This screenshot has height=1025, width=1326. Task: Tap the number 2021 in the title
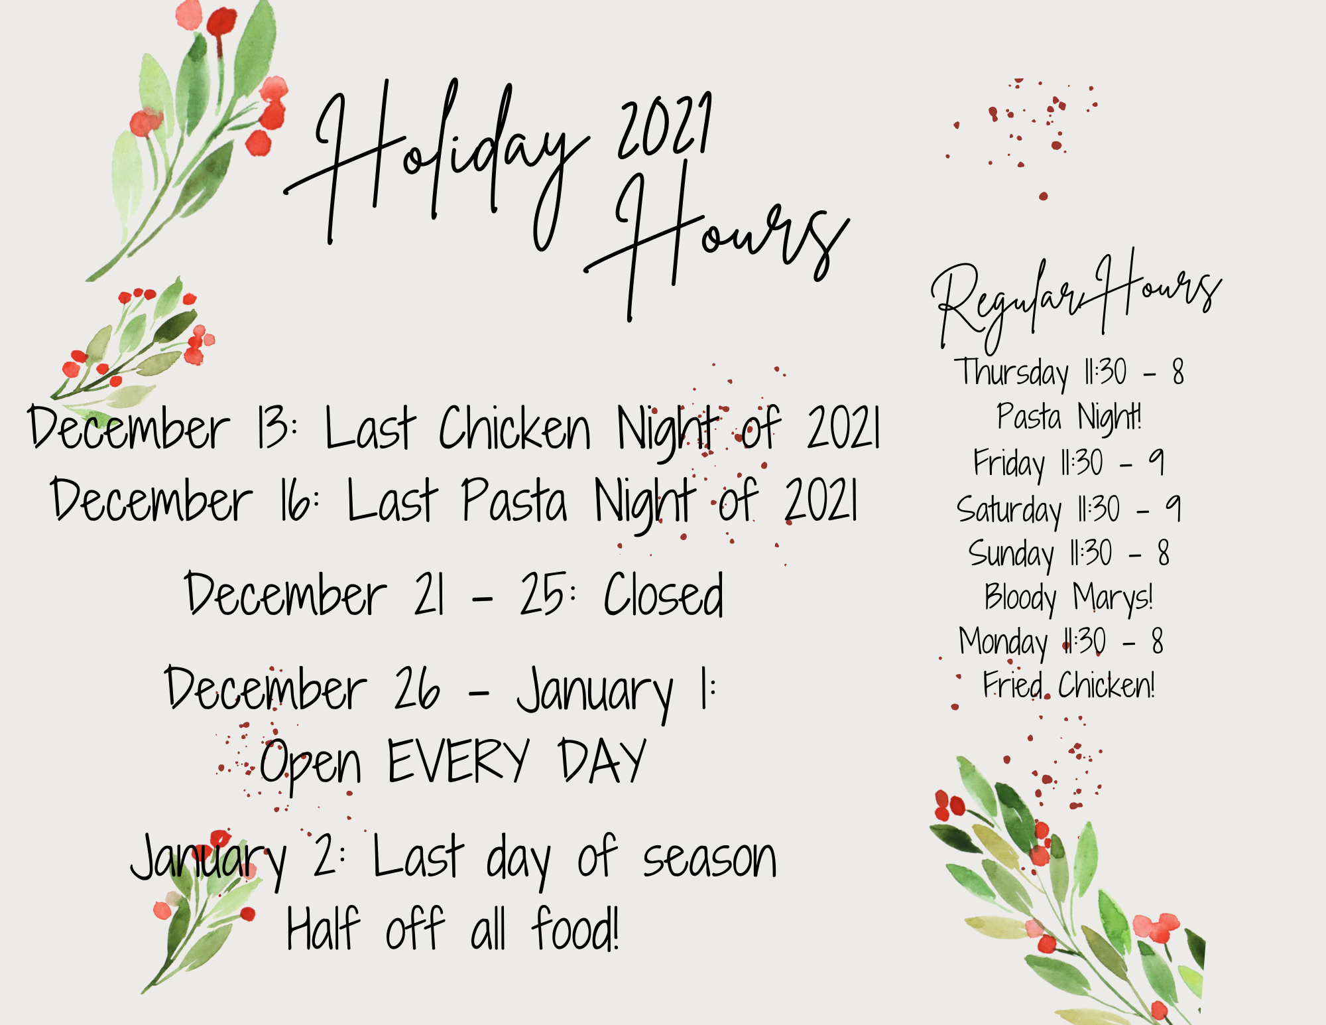665,126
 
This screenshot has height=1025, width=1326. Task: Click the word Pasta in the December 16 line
514,500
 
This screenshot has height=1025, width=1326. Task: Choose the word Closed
663,594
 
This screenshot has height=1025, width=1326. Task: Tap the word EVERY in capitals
458,760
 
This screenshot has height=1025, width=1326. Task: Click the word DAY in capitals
602,760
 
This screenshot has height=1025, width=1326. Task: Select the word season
709,860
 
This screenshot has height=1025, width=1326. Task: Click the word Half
323,929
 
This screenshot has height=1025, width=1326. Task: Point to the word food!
575,929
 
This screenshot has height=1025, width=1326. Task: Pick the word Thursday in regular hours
1011,374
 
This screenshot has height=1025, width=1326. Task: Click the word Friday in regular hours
1009,463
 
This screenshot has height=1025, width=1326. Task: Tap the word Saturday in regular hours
1008,510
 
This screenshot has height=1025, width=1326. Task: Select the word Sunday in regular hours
1011,554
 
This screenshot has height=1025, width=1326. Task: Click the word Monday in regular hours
1003,642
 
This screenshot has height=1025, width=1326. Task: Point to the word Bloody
1020,598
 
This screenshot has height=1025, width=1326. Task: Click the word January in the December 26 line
595,693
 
